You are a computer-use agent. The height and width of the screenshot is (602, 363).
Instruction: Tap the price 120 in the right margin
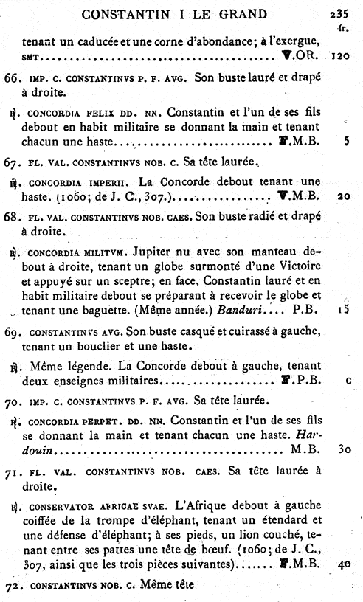tap(340, 55)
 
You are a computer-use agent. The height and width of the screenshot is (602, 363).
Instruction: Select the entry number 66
tap(13, 77)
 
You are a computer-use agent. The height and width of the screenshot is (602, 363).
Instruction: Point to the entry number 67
tap(13, 162)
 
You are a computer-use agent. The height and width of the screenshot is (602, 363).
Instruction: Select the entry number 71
tap(13, 470)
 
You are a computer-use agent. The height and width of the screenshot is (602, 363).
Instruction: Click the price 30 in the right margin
tap(342, 449)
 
